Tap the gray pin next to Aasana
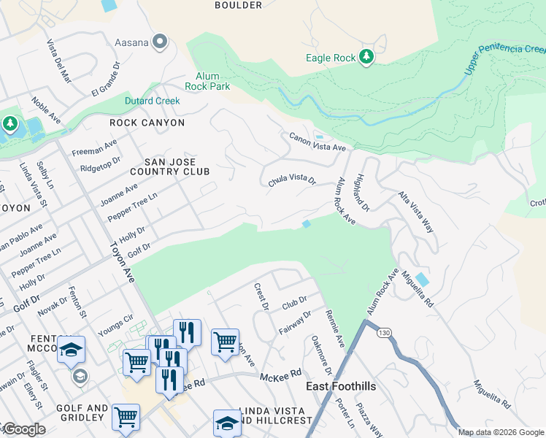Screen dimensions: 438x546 (x=161, y=42)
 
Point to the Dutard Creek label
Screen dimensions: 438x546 (x=152, y=100)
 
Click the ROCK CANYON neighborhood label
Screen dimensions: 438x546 (x=147, y=123)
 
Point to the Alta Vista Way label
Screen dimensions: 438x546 (x=415, y=212)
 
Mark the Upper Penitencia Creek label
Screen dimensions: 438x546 (x=504, y=60)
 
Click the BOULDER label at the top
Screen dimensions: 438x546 (x=238, y=5)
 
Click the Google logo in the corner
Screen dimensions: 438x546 (x=23, y=429)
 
